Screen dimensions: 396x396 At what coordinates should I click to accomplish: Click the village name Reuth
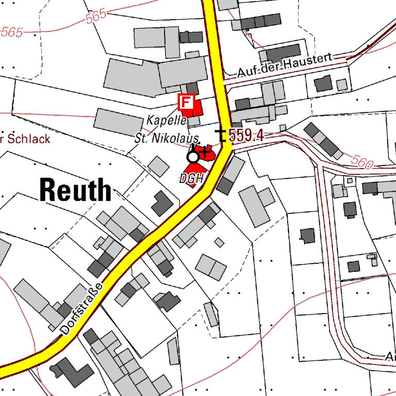pos(75,190)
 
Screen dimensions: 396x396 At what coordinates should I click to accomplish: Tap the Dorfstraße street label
pos(81,309)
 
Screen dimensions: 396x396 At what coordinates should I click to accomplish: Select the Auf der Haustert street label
pos(284,67)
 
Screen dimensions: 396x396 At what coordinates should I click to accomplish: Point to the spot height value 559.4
pos(246,136)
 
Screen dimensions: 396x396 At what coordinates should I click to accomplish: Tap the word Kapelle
pos(166,120)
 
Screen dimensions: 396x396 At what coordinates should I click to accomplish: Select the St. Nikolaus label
pos(167,138)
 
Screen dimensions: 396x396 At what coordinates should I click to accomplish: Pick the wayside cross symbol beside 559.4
pos(221,135)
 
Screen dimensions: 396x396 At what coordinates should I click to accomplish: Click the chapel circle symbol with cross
pos(193,156)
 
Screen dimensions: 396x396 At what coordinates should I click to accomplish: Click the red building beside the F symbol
pos(196,108)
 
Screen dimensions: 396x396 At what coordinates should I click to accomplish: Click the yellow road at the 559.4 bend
pos(226,150)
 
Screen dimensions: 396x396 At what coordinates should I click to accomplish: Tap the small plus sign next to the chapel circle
pos(205,152)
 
